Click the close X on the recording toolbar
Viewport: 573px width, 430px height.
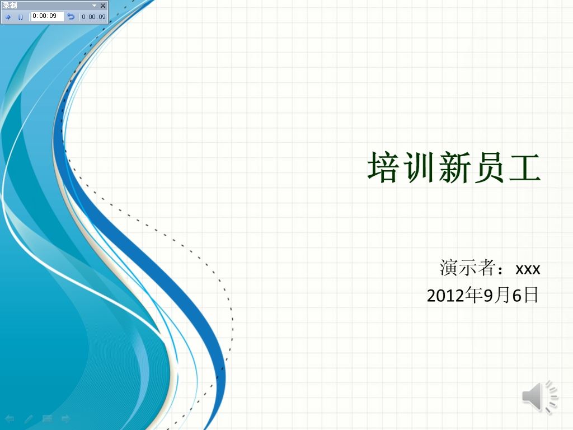click(x=103, y=6)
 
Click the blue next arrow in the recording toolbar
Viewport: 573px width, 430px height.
click(x=8, y=17)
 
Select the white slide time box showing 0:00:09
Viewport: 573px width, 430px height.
click(x=47, y=16)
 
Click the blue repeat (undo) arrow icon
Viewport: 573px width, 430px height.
click(x=71, y=16)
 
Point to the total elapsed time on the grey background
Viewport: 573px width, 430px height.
click(x=93, y=17)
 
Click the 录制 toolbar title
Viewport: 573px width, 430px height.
click(x=10, y=6)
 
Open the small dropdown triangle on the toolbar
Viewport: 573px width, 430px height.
click(x=94, y=6)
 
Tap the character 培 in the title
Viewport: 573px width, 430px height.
click(x=383, y=167)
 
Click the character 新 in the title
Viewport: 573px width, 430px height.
click(x=454, y=167)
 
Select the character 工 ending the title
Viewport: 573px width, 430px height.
click(x=525, y=167)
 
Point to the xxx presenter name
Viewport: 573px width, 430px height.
click(x=528, y=269)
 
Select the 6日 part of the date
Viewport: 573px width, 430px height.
click(x=525, y=295)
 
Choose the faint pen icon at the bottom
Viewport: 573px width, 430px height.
click(x=29, y=419)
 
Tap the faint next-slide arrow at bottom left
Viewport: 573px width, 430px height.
click(x=66, y=419)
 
